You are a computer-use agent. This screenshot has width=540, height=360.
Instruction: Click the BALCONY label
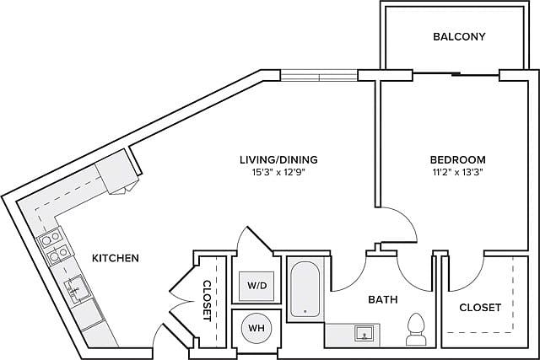pyautogui.click(x=459, y=36)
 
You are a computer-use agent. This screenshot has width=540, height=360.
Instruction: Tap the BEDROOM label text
pyautogui.click(x=457, y=159)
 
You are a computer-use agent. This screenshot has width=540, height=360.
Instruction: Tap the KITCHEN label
pyautogui.click(x=116, y=258)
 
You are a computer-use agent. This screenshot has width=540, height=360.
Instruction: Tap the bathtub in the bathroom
pyautogui.click(x=304, y=289)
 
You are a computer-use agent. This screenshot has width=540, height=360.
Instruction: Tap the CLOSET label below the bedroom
pyautogui.click(x=480, y=308)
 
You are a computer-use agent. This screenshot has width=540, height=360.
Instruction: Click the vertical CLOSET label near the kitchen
pyautogui.click(x=206, y=300)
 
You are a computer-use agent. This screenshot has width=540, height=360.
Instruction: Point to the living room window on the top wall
pyautogui.click(x=319, y=76)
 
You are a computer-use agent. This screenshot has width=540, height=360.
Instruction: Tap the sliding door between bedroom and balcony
pyautogui.click(x=456, y=76)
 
